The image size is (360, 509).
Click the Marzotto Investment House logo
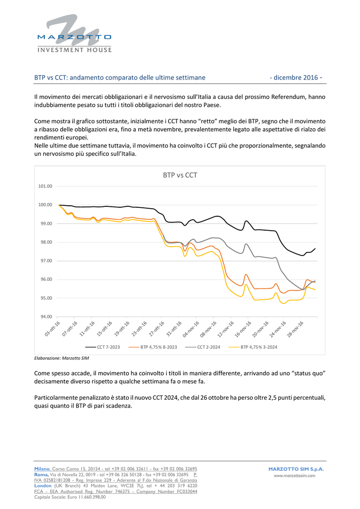[x=75, y=33]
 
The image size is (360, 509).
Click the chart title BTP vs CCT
[x=180, y=175]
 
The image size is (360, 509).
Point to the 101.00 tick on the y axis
[x=45, y=186]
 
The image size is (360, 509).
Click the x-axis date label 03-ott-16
[x=52, y=329]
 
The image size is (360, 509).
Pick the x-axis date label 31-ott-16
[x=174, y=329]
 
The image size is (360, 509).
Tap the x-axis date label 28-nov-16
[x=295, y=329]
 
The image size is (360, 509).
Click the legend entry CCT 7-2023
[x=102, y=347]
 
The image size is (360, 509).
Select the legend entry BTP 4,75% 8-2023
[x=153, y=347]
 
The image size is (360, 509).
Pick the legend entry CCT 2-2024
[x=202, y=347]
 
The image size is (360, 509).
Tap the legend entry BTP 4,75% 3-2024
[x=253, y=347]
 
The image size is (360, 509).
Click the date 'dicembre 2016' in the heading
[x=296, y=78]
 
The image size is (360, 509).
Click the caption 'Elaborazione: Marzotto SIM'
[x=61, y=358]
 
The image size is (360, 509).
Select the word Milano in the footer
[x=42, y=469]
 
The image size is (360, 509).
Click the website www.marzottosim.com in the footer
[x=294, y=476]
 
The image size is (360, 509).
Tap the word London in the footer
[x=43, y=486]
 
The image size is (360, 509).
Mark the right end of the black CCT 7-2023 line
[x=315, y=249]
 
